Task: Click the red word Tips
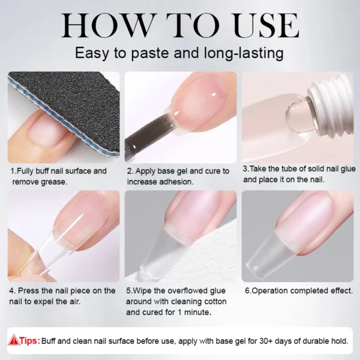point(29,340)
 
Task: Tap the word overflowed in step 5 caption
point(184,290)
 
